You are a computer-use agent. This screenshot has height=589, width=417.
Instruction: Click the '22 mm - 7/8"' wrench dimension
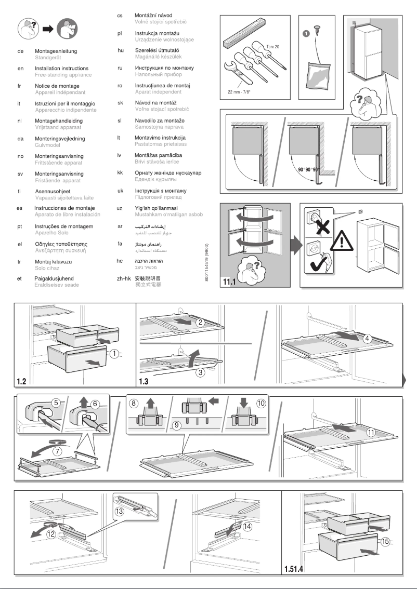[241, 91]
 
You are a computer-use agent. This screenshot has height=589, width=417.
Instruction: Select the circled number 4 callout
[367, 339]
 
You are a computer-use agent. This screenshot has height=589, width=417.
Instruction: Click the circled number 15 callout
[385, 541]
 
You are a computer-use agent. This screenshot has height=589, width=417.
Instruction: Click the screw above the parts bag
[316, 31]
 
